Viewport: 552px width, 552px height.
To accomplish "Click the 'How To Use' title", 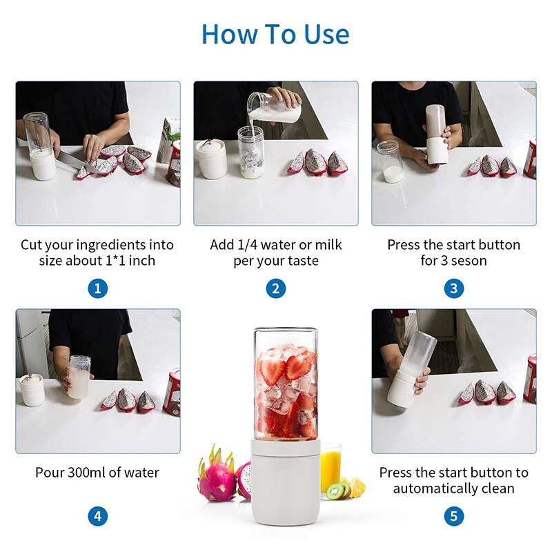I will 275,34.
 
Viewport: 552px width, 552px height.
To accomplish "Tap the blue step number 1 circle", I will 97,288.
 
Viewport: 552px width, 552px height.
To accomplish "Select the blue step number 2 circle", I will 275,288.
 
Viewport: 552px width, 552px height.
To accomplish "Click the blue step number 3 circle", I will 453,288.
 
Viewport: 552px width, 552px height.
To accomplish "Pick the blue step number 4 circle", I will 97,515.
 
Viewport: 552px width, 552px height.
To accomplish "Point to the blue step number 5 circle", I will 453,515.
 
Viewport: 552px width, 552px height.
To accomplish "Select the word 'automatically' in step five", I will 433,489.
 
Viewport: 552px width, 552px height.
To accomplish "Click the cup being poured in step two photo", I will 274,107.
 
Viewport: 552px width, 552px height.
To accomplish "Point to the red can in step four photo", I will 172,391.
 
